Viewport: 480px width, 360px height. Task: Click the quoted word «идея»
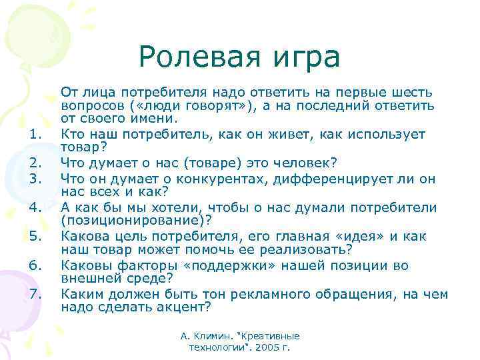pos(353,237)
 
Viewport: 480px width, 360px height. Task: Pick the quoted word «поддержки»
pos(202,266)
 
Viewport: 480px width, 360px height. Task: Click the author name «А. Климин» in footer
pos(205,336)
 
